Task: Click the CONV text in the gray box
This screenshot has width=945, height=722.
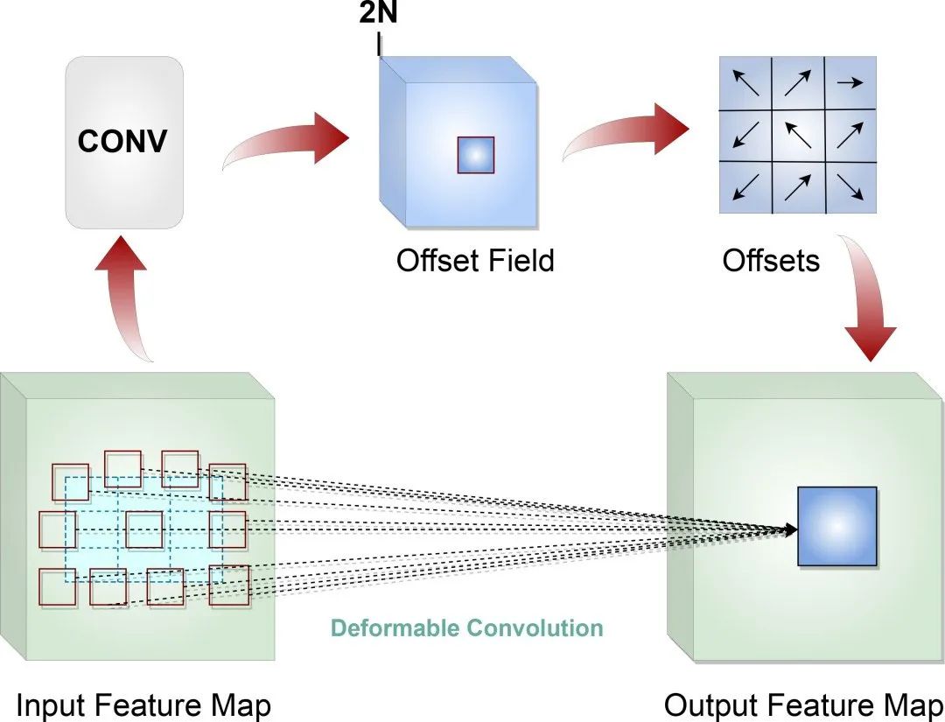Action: coord(122,141)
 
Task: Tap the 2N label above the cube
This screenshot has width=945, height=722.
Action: coord(378,14)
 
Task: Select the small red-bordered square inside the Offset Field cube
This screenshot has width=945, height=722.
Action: coord(476,155)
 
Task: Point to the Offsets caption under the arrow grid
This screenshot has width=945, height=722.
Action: coord(771,260)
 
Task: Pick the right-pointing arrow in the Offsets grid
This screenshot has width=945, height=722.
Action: coord(850,83)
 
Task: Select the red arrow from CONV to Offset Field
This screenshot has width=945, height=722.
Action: coord(289,144)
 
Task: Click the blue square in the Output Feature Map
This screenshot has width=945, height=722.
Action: coord(836,526)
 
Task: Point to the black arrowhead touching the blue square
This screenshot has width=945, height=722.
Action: coord(791,529)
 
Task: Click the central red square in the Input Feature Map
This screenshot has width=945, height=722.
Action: coord(144,529)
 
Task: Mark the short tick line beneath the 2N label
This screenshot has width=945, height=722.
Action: coord(379,45)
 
